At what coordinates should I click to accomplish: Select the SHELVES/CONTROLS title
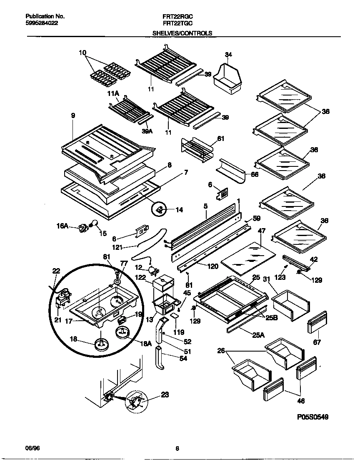click(182, 33)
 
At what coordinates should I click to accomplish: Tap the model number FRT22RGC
click(177, 16)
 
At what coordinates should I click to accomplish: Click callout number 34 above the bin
click(228, 55)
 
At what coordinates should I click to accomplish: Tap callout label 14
click(179, 210)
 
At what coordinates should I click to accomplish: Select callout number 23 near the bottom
click(165, 395)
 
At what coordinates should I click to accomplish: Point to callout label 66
click(255, 174)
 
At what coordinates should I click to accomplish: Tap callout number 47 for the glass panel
click(261, 230)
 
